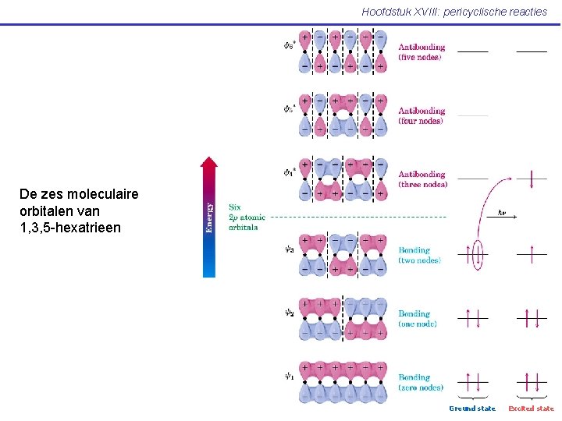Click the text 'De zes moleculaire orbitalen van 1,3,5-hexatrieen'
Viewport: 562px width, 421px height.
pyautogui.click(x=71, y=210)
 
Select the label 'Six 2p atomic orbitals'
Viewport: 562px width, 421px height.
pyautogui.click(x=247, y=217)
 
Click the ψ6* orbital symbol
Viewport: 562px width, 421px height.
pyautogui.click(x=289, y=45)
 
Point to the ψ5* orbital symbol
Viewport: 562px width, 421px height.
pyautogui.click(x=289, y=108)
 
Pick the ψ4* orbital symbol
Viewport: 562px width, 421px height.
pyautogui.click(x=289, y=172)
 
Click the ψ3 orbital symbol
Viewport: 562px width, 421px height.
pyautogui.click(x=289, y=249)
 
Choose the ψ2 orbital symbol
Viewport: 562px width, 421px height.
pyautogui.click(x=289, y=313)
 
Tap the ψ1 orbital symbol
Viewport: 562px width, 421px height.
pyautogui.click(x=289, y=376)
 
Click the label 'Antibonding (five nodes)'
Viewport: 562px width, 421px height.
pyautogui.click(x=421, y=51)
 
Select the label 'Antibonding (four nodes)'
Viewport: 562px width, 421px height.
pyautogui.click(x=421, y=115)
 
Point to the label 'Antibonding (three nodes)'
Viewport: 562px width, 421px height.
pyautogui.click(x=422, y=179)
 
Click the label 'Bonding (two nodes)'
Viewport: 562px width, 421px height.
pyautogui.click(x=419, y=255)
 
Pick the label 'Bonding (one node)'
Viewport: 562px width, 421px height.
pyautogui.click(x=418, y=318)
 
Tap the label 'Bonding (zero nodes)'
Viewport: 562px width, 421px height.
pyautogui.click(x=421, y=382)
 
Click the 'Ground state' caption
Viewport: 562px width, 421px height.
pyautogui.click(x=472, y=409)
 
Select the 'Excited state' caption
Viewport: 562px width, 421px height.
pyautogui.click(x=531, y=409)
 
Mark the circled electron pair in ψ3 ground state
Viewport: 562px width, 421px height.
pyautogui.click(x=477, y=254)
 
